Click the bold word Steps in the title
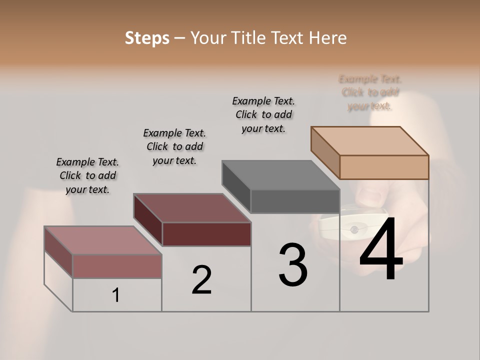147,38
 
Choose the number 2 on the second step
201,279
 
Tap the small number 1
115,295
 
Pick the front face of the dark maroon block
206,234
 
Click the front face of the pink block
117,266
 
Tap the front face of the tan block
384,167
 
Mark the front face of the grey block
295,201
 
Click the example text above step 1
87,175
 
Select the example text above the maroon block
174,146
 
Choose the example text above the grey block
263,114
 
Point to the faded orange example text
370,92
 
